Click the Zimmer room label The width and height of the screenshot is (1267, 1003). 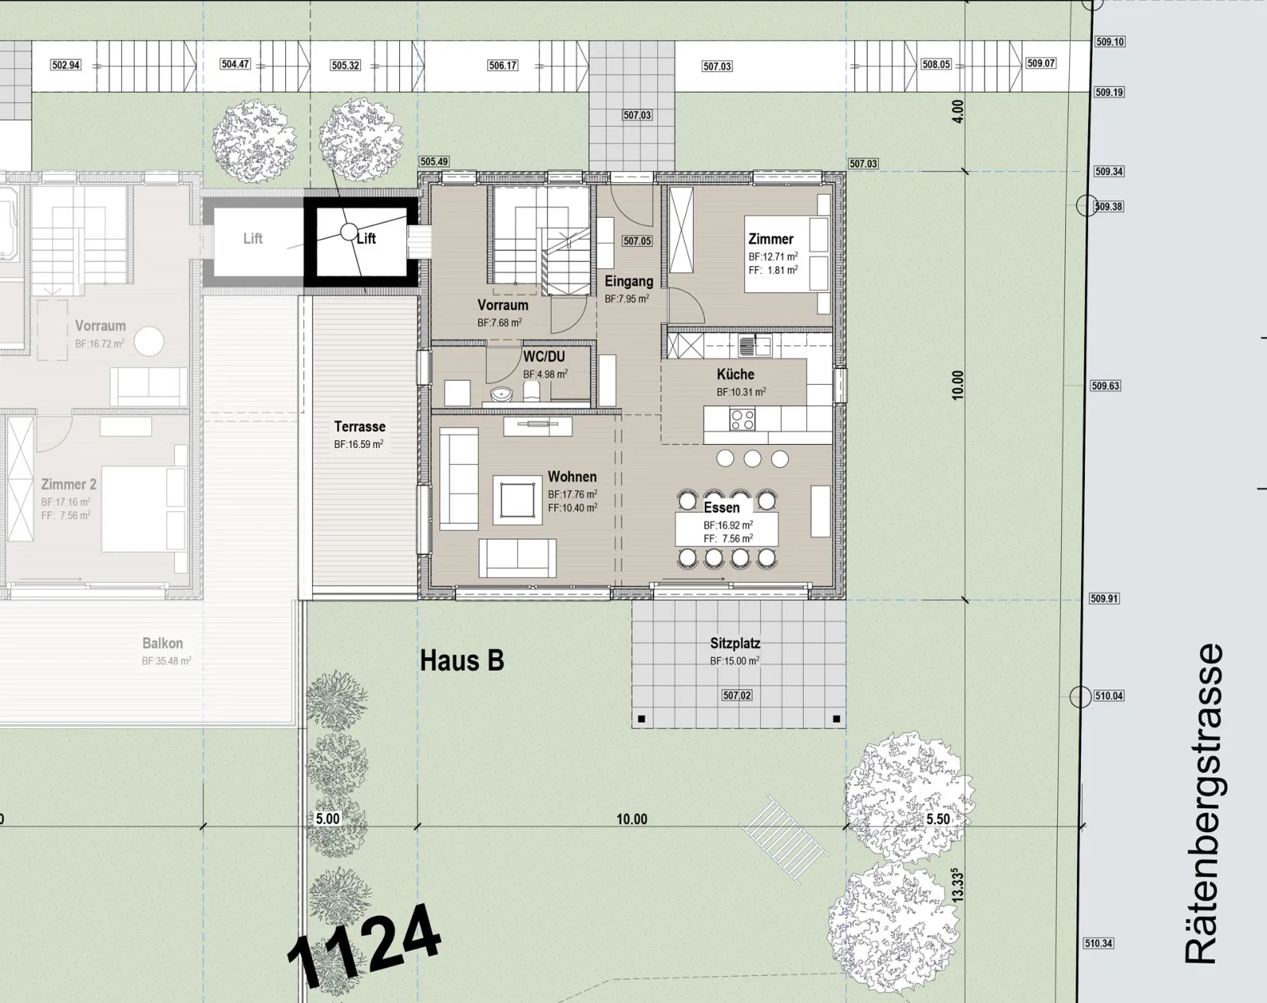click(x=770, y=239)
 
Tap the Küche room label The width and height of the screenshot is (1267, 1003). click(x=736, y=374)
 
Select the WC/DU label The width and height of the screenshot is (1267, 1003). click(x=544, y=357)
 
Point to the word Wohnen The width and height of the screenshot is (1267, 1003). click(x=572, y=477)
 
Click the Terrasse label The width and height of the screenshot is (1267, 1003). click(x=360, y=427)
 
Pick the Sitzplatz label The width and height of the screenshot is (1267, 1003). click(x=735, y=644)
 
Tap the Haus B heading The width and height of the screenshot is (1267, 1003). click(x=462, y=661)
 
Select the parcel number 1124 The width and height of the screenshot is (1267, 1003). click(x=363, y=942)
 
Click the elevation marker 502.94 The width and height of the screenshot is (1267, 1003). click(x=66, y=65)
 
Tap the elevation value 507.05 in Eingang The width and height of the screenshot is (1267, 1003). click(x=637, y=241)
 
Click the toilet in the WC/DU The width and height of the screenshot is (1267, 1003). click(x=531, y=391)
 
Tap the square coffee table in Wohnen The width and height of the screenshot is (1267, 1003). click(x=518, y=500)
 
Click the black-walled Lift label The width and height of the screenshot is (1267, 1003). click(x=366, y=238)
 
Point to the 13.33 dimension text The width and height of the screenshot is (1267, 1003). click(x=958, y=885)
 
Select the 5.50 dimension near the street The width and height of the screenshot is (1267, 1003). click(x=938, y=819)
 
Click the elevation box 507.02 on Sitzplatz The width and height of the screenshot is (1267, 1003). click(x=736, y=696)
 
